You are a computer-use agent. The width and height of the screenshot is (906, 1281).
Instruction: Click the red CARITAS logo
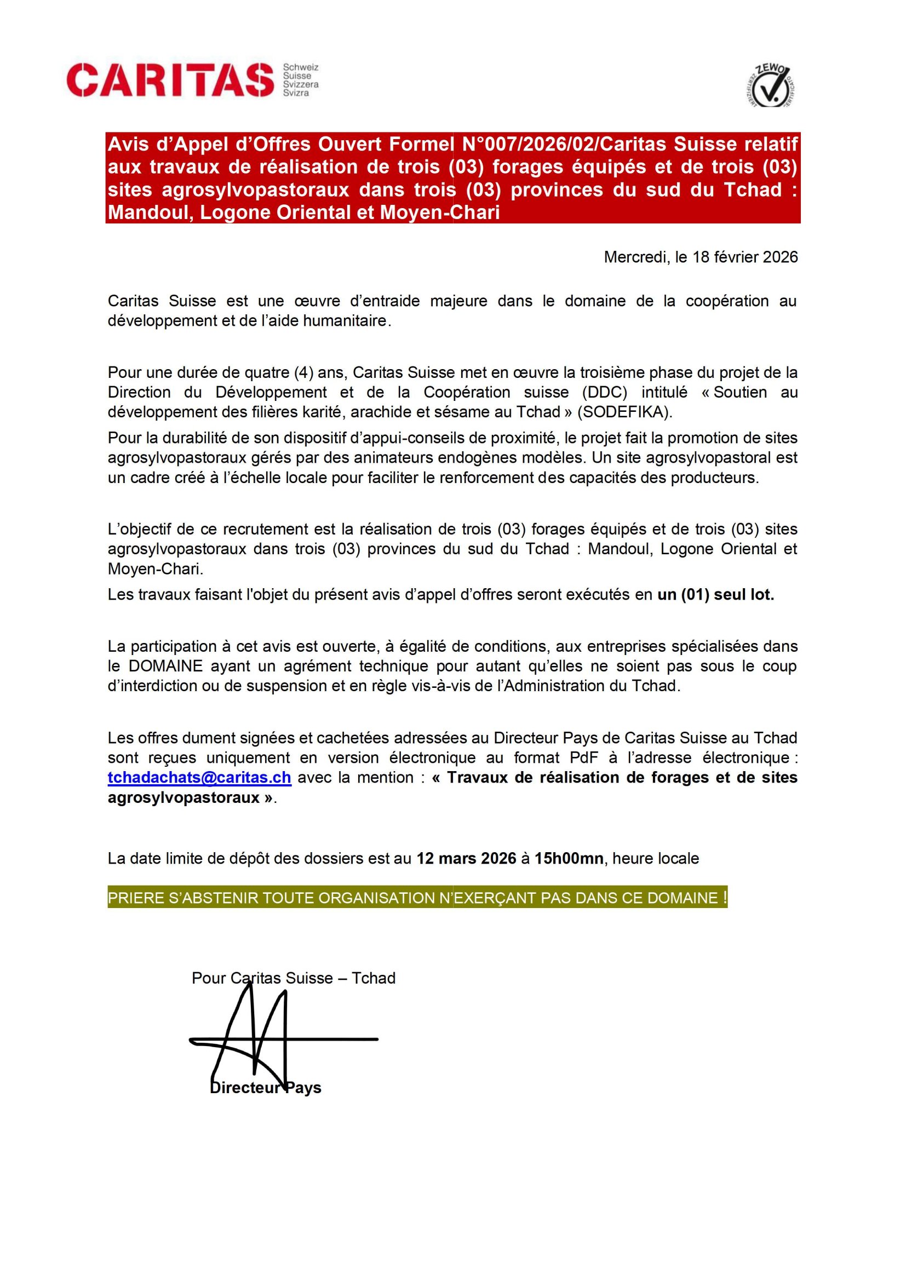tap(170, 80)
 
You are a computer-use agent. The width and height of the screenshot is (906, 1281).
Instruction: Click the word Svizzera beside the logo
tap(301, 84)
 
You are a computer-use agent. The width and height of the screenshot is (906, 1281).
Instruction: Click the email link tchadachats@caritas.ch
tap(199, 778)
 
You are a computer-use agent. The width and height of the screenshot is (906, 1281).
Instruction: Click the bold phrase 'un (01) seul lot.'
tap(716, 595)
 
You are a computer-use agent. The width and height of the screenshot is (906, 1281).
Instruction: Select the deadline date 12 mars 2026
tap(466, 858)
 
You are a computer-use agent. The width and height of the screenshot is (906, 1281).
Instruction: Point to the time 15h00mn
tap(569, 858)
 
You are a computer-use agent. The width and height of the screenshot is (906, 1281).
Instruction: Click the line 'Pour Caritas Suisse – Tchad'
tap(294, 978)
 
